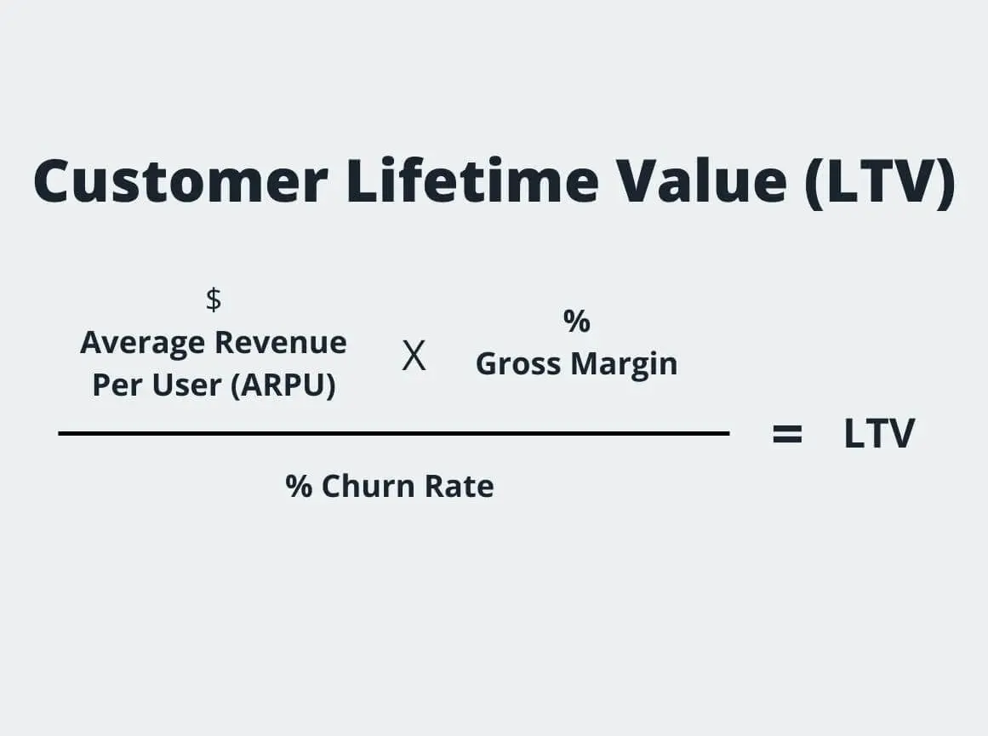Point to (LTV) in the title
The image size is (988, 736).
pos(880,181)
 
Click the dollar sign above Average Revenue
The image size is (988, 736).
pos(214,300)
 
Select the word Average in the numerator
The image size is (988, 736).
pos(143,343)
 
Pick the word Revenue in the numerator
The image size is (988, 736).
pos(280,343)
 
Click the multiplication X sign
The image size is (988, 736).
pos(414,357)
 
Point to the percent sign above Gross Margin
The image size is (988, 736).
pos(576,322)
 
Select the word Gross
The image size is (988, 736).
pos(519,364)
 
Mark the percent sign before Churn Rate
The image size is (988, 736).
pos(299,487)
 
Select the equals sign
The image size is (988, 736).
pos(787,434)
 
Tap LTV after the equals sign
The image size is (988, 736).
pos(879,434)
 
